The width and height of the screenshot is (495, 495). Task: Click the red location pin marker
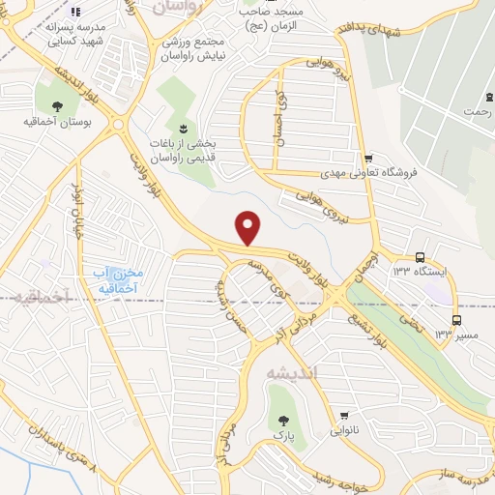[249, 227]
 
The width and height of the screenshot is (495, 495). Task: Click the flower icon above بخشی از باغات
[182, 128]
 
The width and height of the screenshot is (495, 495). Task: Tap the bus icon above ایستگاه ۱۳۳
[420, 257]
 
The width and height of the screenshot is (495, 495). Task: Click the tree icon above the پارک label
[283, 421]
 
